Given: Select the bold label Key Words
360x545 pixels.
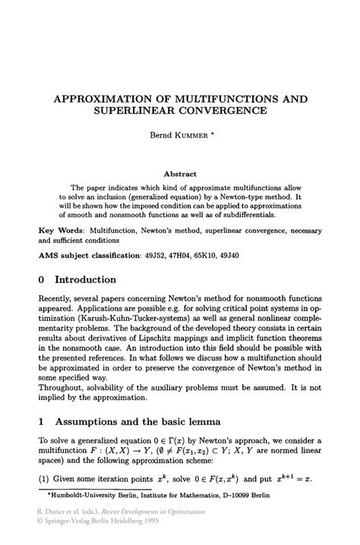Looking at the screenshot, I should tap(58, 228).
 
